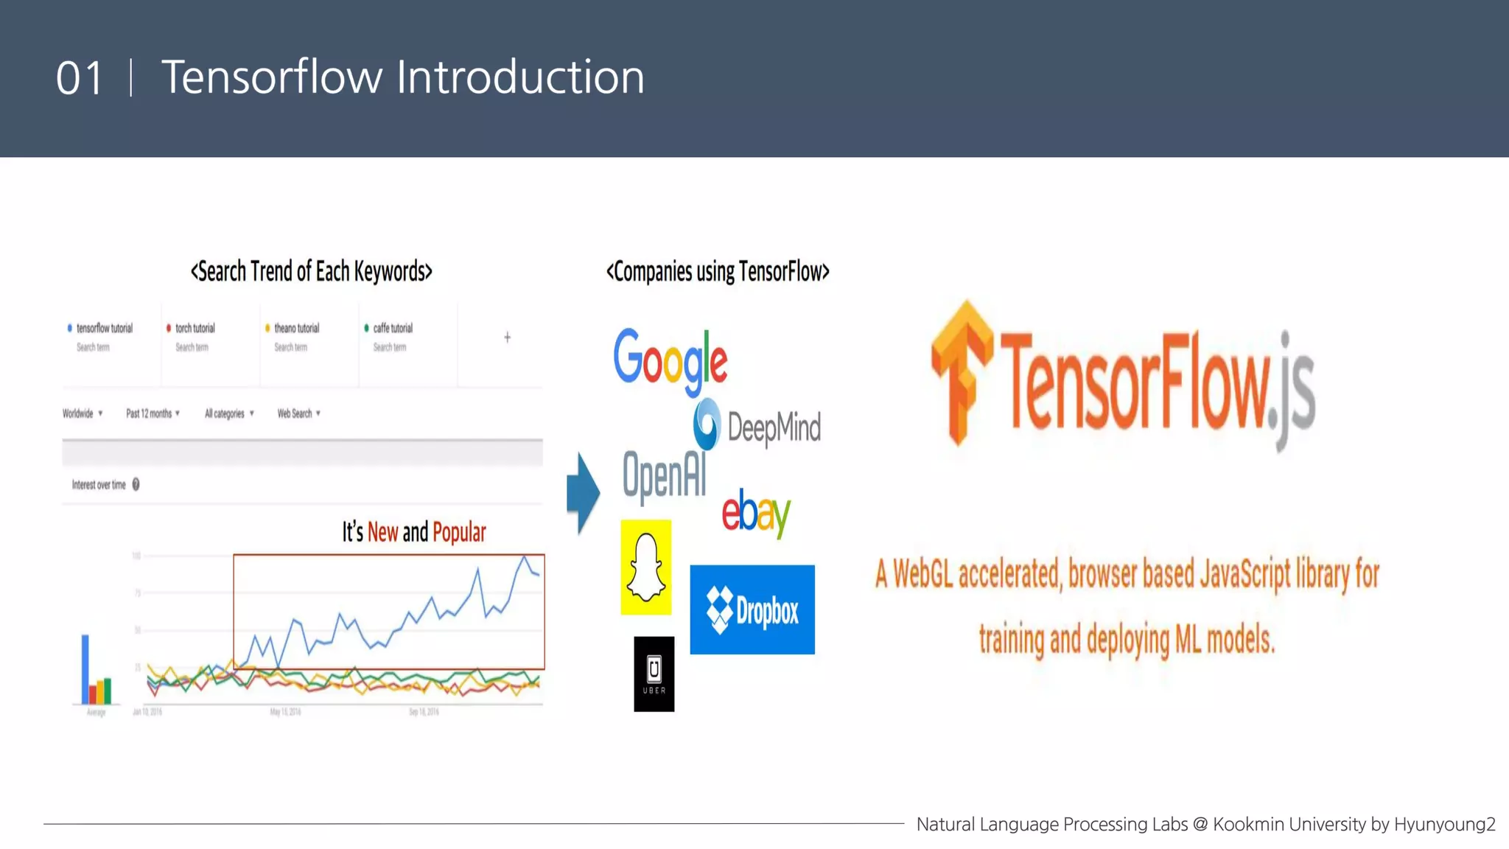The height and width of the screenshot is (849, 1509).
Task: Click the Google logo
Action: pyautogui.click(x=670, y=360)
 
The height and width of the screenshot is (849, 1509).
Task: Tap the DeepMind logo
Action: pyautogui.click(x=757, y=426)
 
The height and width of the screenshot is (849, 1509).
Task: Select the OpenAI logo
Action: pyautogui.click(x=664, y=475)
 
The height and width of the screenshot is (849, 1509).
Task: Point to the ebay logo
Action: pyautogui.click(x=755, y=512)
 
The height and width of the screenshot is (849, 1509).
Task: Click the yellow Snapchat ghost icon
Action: pyautogui.click(x=646, y=567)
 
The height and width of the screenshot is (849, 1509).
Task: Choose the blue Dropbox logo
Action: pyautogui.click(x=752, y=609)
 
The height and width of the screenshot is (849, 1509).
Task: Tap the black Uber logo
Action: pyautogui.click(x=654, y=674)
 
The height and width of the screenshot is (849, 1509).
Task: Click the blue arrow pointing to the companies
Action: pyautogui.click(x=583, y=492)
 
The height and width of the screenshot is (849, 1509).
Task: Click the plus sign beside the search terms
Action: pyautogui.click(x=507, y=338)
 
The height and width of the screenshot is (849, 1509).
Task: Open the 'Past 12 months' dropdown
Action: pyautogui.click(x=153, y=413)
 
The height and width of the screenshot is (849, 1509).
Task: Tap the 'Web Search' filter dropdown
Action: pyautogui.click(x=298, y=413)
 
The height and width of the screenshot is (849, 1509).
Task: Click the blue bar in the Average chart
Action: pyautogui.click(x=85, y=668)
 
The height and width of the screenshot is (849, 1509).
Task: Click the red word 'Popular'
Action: pyautogui.click(x=459, y=532)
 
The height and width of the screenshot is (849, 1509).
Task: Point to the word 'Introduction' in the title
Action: pyautogui.click(x=520, y=77)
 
